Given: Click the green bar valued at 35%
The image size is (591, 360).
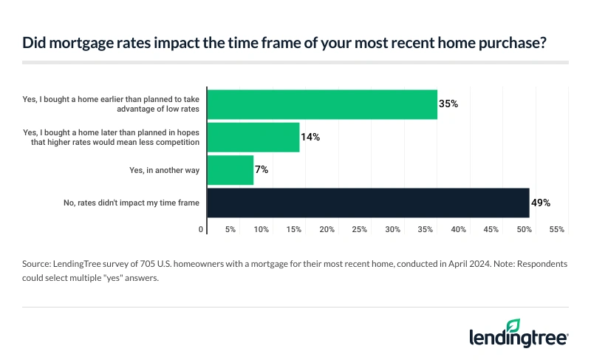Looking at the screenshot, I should [x=322, y=104].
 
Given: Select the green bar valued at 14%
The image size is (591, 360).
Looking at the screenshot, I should [x=253, y=137].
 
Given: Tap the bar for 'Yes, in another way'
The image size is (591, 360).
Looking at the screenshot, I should [x=230, y=170].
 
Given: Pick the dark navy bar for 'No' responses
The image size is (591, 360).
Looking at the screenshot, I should [x=368, y=203].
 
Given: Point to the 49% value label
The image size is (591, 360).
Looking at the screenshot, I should [x=542, y=203].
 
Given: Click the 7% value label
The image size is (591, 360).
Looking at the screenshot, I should [x=261, y=170].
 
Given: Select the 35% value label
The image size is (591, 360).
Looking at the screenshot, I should [x=448, y=104].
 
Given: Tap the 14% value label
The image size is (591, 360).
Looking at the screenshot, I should [x=310, y=137].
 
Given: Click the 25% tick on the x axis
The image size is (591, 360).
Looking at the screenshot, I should [x=360, y=230].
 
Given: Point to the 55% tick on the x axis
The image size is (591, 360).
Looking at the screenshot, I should [x=558, y=230].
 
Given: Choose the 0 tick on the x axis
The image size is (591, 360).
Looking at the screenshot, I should [x=202, y=230].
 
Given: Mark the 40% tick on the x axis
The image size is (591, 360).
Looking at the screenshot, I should [x=459, y=230].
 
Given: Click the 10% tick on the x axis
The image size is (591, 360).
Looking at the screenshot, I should [x=261, y=230].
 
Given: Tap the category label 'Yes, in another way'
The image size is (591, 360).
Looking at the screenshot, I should [x=164, y=171].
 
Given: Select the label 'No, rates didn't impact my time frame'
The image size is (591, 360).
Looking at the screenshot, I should [x=133, y=203].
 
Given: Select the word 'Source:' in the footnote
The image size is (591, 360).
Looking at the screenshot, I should [x=37, y=263].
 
